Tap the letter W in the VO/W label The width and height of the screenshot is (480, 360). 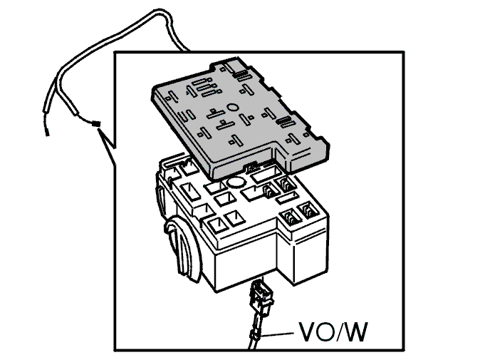tap(355, 331)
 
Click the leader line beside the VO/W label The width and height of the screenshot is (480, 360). tap(276, 334)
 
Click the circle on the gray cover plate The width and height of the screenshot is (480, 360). tap(232, 107)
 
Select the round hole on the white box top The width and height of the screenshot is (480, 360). tap(236, 182)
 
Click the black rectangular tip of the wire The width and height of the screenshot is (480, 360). tap(96, 124)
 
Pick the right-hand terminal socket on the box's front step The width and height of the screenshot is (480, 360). tap(308, 211)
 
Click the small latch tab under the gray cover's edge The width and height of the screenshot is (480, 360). tap(253, 167)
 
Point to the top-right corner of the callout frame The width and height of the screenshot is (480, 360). tap(403, 52)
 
